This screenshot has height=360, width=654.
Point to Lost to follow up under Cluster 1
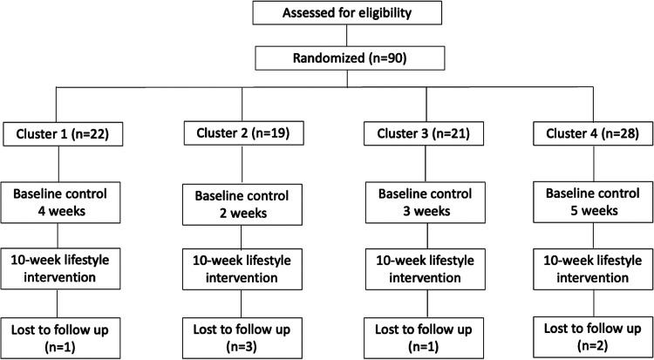(59, 337)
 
